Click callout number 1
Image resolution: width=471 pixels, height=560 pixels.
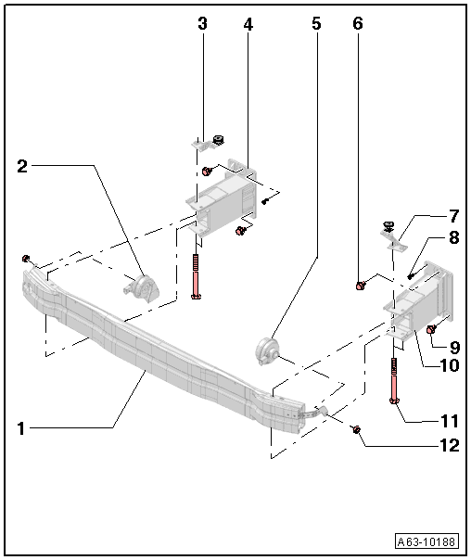[x=21, y=427]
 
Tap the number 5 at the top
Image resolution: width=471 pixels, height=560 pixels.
[x=316, y=24]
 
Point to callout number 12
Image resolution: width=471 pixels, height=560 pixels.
[x=450, y=445]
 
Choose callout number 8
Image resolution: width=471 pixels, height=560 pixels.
[x=453, y=238]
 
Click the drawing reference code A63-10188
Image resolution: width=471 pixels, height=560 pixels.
[x=426, y=542]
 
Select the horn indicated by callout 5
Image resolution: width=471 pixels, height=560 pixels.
[x=266, y=352]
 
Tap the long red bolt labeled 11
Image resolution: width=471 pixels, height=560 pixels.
[x=396, y=381]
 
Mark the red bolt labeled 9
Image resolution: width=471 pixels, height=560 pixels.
[x=431, y=328]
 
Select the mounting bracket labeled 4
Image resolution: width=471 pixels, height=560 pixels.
[x=223, y=199]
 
